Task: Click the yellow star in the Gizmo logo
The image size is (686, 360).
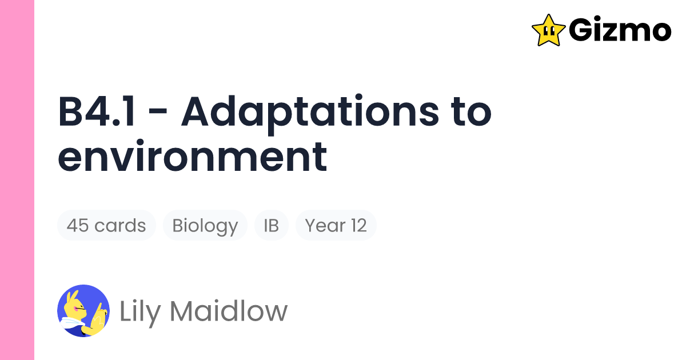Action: [x=549, y=30]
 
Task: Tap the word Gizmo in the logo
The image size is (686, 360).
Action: [x=620, y=30]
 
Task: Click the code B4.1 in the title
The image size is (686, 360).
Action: [x=97, y=113]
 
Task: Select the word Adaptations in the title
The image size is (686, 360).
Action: [x=308, y=113]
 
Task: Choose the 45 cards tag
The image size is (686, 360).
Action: [x=106, y=226]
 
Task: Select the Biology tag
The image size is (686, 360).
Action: [x=205, y=226]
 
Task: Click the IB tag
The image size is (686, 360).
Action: [x=271, y=226]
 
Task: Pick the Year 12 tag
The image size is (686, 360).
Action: [x=336, y=226]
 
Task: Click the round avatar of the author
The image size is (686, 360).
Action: [x=83, y=311]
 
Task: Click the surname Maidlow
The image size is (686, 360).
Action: [x=229, y=312]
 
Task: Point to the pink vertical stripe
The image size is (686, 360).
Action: [x=17, y=180]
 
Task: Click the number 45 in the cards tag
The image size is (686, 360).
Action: [x=77, y=226]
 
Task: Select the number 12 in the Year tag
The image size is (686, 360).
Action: [x=358, y=226]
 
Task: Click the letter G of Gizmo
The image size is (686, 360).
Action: [x=581, y=30]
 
